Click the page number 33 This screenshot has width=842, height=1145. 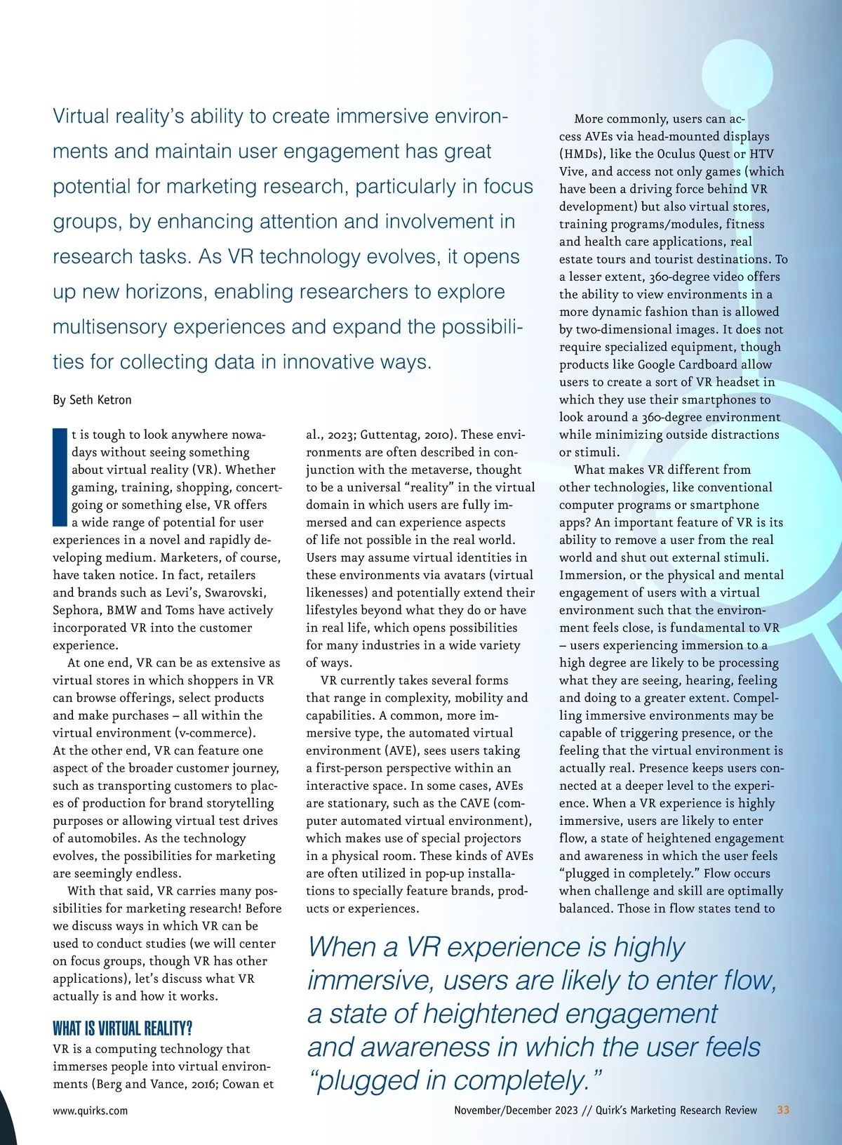(x=783, y=1110)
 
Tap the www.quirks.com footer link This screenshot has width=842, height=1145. (x=90, y=1111)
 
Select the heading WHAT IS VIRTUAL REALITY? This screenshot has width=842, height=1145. (x=122, y=1028)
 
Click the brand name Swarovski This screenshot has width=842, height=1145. (x=235, y=593)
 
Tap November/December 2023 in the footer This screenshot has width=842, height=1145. (x=516, y=1110)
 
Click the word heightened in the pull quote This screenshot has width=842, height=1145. (x=490, y=1014)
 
